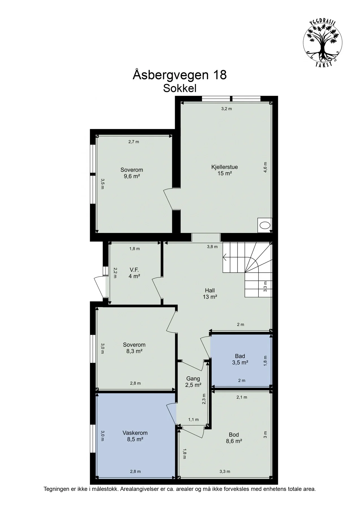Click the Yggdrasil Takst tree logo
(323, 43)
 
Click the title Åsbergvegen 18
(180, 75)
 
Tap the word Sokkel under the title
(180, 89)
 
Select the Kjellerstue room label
(225, 170)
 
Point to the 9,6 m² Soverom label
(132, 173)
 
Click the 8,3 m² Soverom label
(134, 348)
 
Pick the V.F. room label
(134, 273)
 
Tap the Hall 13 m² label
(210, 294)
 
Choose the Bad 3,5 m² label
(240, 359)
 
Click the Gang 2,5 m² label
(193, 381)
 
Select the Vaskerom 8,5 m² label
(135, 436)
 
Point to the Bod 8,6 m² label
(234, 438)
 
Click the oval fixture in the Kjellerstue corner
(265, 225)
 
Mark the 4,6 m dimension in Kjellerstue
(265, 167)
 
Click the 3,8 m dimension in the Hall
(212, 247)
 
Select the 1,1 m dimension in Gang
(193, 420)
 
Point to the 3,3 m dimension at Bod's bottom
(225, 471)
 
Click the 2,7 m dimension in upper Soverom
(134, 142)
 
